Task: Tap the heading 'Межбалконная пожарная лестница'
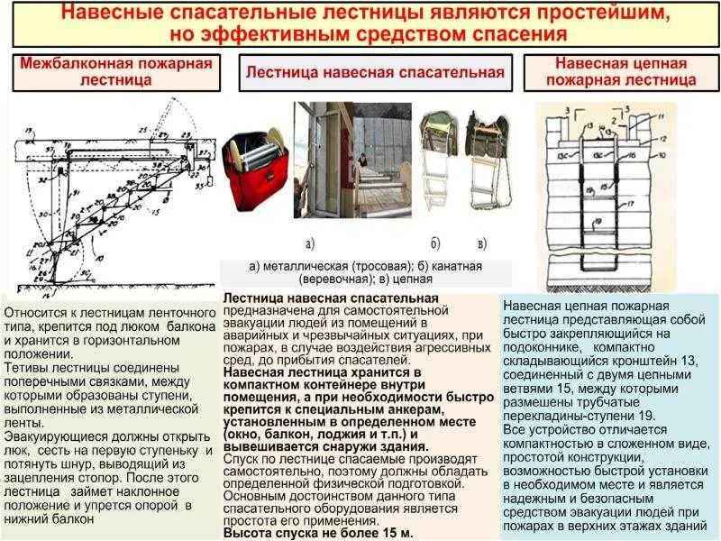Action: pyautogui.click(x=116, y=71)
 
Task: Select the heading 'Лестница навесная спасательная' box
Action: pyautogui.click(x=375, y=72)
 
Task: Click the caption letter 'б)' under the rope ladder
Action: pyautogui.click(x=435, y=243)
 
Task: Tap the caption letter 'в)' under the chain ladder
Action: pyautogui.click(x=483, y=243)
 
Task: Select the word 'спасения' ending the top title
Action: pyautogui.click(x=518, y=36)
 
